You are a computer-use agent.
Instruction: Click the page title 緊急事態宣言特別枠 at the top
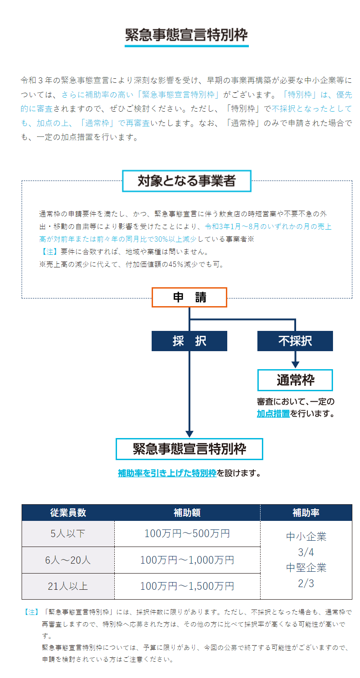[x=186, y=35]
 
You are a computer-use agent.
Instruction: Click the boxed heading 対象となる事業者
[x=187, y=181]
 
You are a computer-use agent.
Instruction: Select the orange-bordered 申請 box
[x=189, y=297]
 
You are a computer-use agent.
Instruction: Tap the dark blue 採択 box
[x=189, y=341]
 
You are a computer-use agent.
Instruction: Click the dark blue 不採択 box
[x=295, y=341]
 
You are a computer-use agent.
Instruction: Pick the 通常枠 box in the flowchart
[x=295, y=380]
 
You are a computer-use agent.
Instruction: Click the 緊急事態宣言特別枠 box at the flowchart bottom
[x=189, y=449]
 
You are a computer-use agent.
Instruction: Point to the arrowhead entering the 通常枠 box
[x=295, y=365]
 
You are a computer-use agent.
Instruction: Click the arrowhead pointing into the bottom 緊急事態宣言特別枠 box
[x=189, y=434]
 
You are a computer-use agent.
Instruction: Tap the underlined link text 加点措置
[x=273, y=413]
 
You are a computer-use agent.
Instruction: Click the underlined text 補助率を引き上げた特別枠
[x=167, y=473]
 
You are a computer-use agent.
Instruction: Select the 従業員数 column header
[x=68, y=512]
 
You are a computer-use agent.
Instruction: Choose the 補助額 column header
[x=187, y=512]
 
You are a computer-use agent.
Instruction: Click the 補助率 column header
[x=306, y=512]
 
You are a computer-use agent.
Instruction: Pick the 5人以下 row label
[x=68, y=533]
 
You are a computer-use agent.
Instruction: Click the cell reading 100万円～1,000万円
[x=187, y=560]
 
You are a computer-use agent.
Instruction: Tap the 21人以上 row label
[x=68, y=586]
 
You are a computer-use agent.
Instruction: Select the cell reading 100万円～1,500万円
[x=187, y=586]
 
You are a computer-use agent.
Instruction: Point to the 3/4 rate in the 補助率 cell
[x=306, y=552]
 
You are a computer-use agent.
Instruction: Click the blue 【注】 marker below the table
[x=31, y=612]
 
